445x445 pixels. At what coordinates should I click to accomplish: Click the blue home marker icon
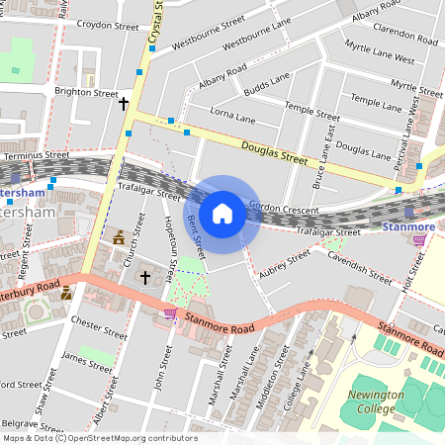click(222, 214)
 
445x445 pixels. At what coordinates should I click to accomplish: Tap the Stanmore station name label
click(408, 227)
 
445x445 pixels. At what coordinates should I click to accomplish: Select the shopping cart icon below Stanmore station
click(419, 239)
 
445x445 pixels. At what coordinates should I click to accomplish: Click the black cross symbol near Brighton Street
click(125, 103)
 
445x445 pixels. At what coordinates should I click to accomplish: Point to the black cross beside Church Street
click(144, 279)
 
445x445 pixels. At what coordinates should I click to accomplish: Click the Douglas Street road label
click(265, 151)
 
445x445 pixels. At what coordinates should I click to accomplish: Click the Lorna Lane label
click(232, 120)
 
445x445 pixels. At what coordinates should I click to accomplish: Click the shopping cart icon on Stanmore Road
click(170, 312)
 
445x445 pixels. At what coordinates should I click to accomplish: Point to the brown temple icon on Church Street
click(120, 237)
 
